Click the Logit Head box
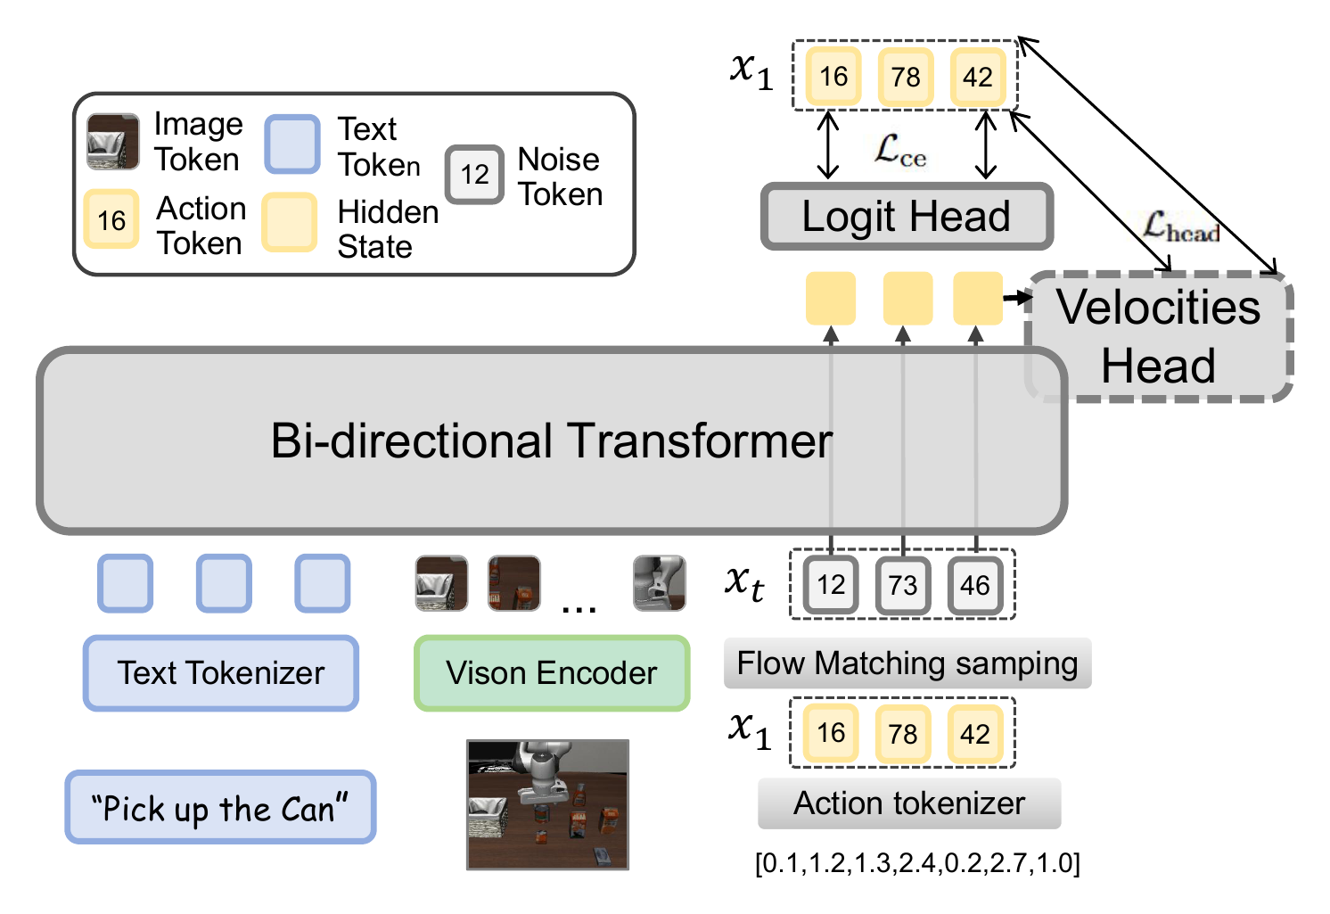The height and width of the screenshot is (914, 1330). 907,217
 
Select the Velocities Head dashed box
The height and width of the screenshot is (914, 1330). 1159,337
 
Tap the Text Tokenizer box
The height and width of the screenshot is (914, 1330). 221,673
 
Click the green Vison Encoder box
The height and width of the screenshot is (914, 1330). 552,673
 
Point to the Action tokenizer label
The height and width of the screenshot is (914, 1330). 909,803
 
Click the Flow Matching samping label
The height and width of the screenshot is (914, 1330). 907,663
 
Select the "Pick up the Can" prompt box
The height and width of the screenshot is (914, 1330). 220,808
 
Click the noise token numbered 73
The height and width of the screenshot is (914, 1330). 903,585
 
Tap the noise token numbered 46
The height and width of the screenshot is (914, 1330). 975,585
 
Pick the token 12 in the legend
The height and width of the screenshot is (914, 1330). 475,175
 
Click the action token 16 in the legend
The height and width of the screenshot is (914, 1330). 111,219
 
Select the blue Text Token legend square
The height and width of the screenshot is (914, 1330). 292,144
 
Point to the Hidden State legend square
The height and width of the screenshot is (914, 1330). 290,222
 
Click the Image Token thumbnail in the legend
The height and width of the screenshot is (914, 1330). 112,142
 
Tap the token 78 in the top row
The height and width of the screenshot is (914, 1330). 906,77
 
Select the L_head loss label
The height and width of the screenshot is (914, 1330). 1180,226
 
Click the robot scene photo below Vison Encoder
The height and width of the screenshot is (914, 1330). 547,804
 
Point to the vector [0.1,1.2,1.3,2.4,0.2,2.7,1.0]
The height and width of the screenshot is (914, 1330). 917,863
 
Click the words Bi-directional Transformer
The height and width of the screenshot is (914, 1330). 551,441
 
